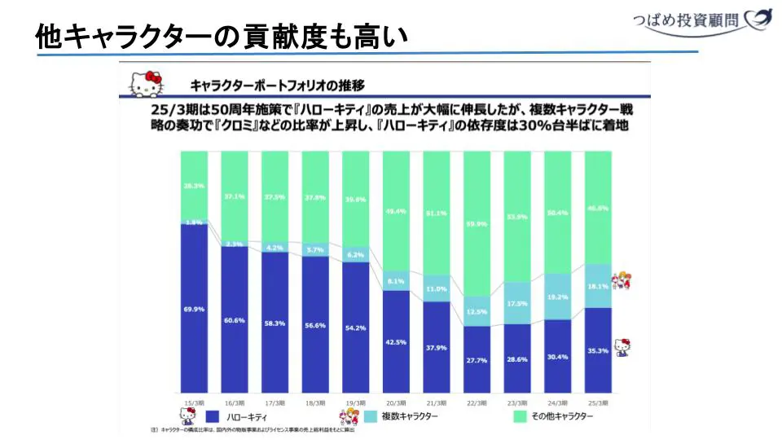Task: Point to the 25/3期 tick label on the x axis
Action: (598, 403)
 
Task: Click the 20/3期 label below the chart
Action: (397, 403)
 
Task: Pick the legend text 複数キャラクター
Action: (410, 416)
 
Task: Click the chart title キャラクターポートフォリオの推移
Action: (276, 84)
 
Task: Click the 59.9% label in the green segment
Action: (477, 224)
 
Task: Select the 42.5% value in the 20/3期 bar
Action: (397, 342)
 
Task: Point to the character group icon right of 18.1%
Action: (623, 281)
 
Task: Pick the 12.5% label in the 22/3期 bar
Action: (477, 311)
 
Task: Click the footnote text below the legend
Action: (253, 429)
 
